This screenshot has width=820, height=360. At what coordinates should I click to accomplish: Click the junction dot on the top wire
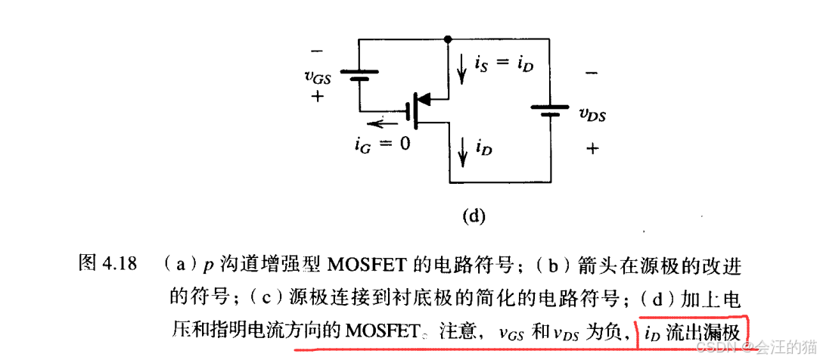(x=449, y=38)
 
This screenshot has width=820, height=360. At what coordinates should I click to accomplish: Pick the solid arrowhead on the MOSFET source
(x=424, y=98)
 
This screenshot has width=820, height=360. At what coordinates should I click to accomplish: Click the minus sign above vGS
(x=316, y=51)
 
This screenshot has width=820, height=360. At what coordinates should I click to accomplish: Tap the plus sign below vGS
(x=316, y=97)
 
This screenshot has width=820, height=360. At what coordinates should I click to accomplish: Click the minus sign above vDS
(x=592, y=73)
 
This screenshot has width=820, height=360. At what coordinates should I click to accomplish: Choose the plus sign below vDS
(x=592, y=149)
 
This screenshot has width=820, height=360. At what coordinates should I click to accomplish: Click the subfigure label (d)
(x=473, y=216)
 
